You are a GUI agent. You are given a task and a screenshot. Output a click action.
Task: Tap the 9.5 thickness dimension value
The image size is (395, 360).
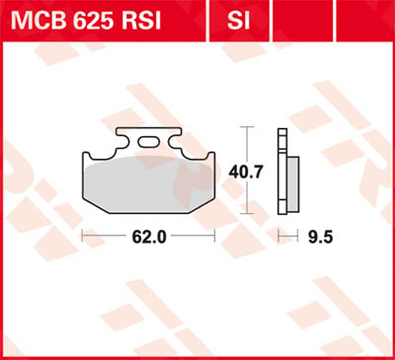pos(317,237)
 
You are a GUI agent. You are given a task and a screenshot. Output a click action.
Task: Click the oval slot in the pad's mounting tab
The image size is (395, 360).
pos(149,143)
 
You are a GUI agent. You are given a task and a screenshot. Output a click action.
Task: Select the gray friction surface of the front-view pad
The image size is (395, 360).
pos(148,182)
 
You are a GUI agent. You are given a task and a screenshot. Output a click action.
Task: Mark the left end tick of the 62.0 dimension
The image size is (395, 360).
pos(81,237)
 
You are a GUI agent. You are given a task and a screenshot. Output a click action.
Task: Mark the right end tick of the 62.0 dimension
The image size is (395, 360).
pos(215,237)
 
